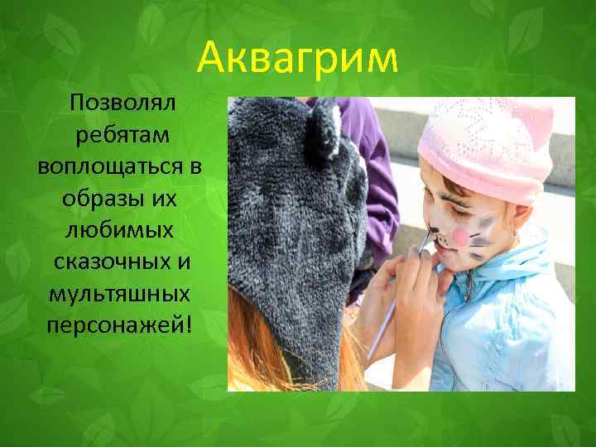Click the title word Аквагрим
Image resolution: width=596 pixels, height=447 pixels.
[x=298, y=59]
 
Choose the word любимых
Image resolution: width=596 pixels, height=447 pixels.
[x=120, y=231]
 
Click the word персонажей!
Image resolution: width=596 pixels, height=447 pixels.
[x=120, y=325]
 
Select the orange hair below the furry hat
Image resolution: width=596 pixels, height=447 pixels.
[x=257, y=356]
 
